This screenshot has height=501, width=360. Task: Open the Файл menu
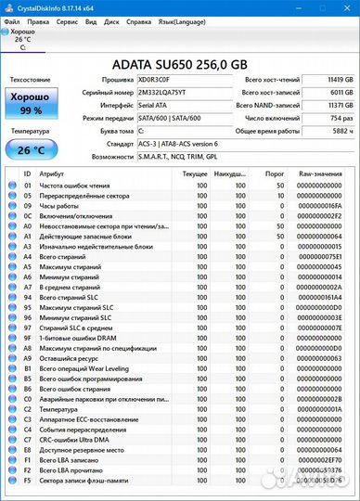click(x=12, y=19)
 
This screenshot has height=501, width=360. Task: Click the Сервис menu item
click(x=67, y=19)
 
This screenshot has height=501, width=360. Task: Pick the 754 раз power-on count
click(x=341, y=119)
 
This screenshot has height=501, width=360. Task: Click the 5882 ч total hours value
click(x=341, y=132)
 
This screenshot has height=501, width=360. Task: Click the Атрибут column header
click(x=53, y=173)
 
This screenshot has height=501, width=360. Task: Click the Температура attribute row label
click(x=59, y=409)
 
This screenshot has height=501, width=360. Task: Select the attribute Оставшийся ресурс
click(x=71, y=357)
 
